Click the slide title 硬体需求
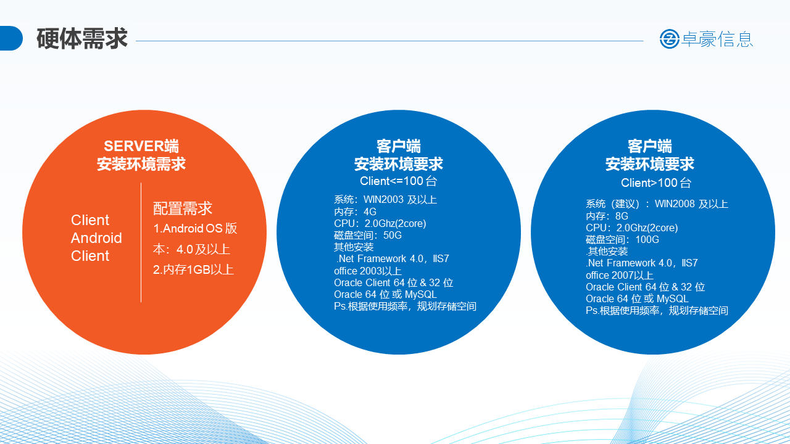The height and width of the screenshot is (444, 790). (82, 38)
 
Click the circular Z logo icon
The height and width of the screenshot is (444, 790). (670, 39)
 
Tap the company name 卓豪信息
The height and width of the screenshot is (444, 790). (717, 39)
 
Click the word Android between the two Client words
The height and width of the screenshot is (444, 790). (96, 238)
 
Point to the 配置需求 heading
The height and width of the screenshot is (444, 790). (182, 208)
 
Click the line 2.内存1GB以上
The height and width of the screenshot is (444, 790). (193, 269)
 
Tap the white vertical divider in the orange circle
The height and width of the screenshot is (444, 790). (141, 242)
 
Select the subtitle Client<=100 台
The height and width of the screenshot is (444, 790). (399, 181)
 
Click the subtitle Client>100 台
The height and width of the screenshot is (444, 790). (656, 183)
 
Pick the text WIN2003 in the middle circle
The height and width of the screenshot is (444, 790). (383, 199)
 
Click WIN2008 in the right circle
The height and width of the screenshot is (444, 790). (675, 203)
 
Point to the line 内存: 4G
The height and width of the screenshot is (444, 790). (355, 212)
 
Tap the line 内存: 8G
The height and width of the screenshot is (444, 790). (607, 216)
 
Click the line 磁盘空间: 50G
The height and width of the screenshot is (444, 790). (368, 235)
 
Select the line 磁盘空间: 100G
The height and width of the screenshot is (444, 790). (623, 240)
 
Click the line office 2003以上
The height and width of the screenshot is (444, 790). (368, 271)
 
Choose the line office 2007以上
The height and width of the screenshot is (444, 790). (620, 275)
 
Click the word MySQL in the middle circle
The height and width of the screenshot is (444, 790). (421, 294)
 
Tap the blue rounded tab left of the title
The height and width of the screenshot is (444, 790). (10, 38)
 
